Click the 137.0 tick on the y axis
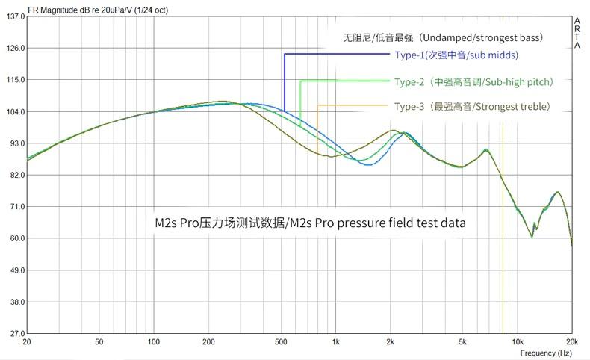(x=15, y=16)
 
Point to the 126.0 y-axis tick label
(x=15, y=48)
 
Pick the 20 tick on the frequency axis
(x=27, y=341)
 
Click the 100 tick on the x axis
(x=154, y=341)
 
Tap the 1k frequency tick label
(x=335, y=341)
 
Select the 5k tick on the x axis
(x=462, y=341)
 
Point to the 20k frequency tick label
(x=571, y=341)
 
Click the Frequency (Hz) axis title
(x=548, y=352)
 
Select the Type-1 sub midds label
(x=456, y=55)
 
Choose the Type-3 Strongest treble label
(x=473, y=107)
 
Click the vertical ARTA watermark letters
(x=578, y=34)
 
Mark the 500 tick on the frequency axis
(x=281, y=341)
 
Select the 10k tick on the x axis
(x=517, y=341)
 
